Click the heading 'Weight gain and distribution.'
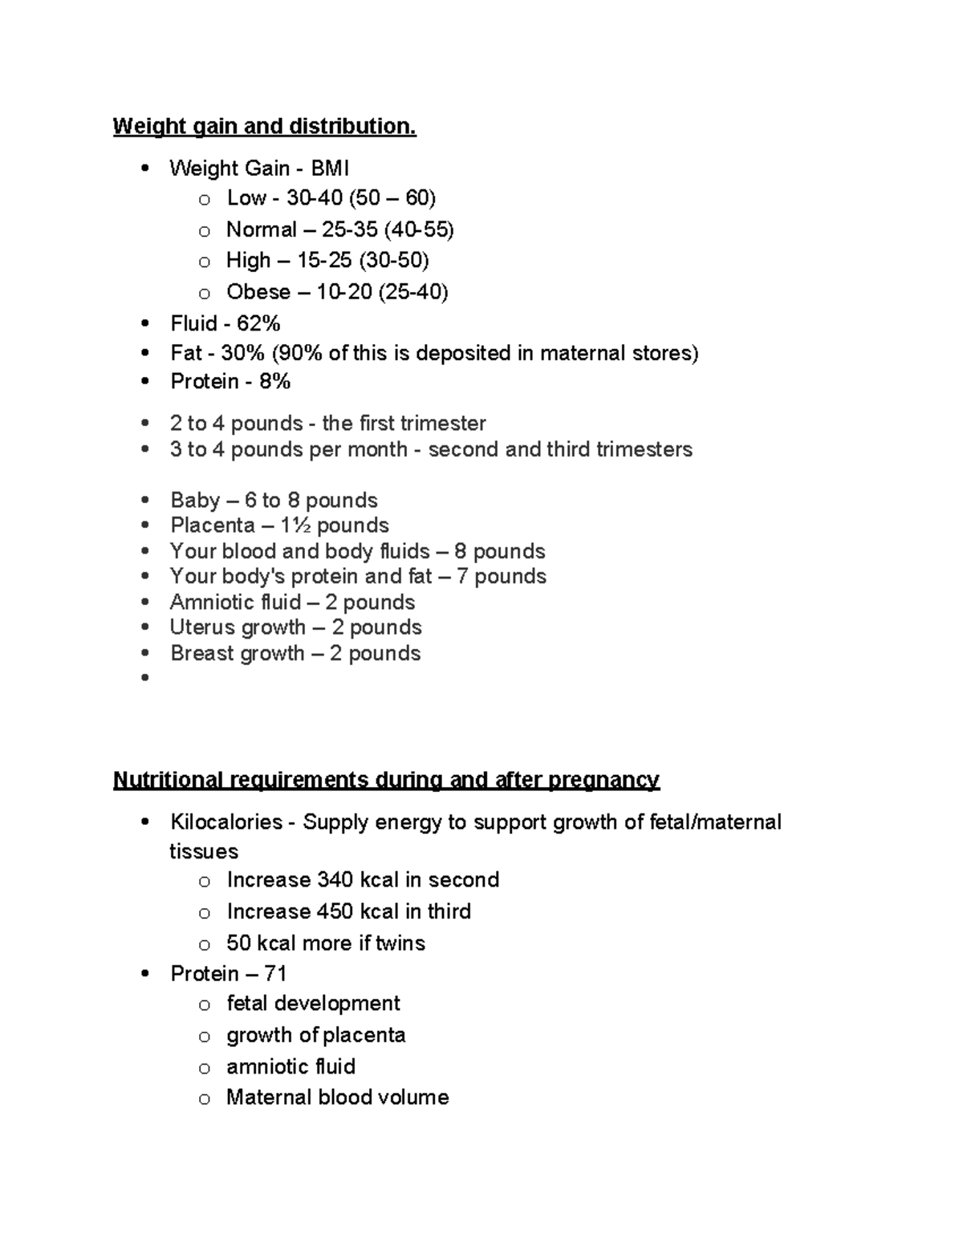pos(264,127)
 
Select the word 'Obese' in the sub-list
pos(258,292)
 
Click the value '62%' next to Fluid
pos(258,323)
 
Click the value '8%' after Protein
pos(274,382)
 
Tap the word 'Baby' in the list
pos(195,501)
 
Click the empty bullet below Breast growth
pos(145,678)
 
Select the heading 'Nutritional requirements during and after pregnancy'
pos(386,780)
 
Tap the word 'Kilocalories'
pos(226,822)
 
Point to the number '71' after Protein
pos(275,974)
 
